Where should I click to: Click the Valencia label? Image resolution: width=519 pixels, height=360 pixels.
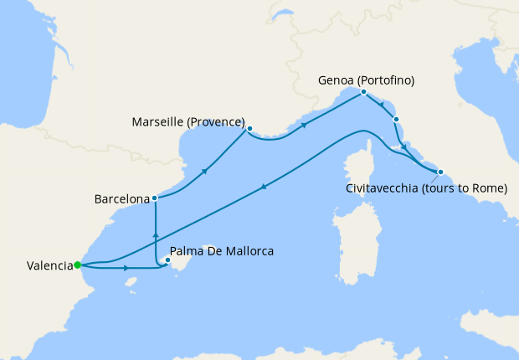coord(49,266)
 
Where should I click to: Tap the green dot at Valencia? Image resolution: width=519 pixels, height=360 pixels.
coord(77,265)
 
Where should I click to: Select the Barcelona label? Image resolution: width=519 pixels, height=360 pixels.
coord(121,199)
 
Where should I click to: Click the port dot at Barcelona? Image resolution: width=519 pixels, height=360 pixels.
coord(156,198)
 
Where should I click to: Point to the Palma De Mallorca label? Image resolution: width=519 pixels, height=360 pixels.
coord(222,250)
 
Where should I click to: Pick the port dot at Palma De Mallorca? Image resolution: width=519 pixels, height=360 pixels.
coord(167,260)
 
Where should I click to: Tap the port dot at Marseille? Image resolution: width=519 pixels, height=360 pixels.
coord(249,128)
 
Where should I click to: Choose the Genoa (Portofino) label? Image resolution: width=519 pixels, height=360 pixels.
coord(367,80)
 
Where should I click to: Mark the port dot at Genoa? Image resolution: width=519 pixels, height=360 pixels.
coord(363,92)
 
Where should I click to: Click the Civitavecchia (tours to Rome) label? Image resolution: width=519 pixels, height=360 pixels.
coord(427,188)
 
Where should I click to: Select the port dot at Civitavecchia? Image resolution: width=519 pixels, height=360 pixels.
coord(440,172)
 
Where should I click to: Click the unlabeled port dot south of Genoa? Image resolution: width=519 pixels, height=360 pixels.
coord(396,119)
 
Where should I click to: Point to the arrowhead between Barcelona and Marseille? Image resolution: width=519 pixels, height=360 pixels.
coord(204,171)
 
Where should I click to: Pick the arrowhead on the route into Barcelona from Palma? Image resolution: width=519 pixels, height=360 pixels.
coord(156,228)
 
